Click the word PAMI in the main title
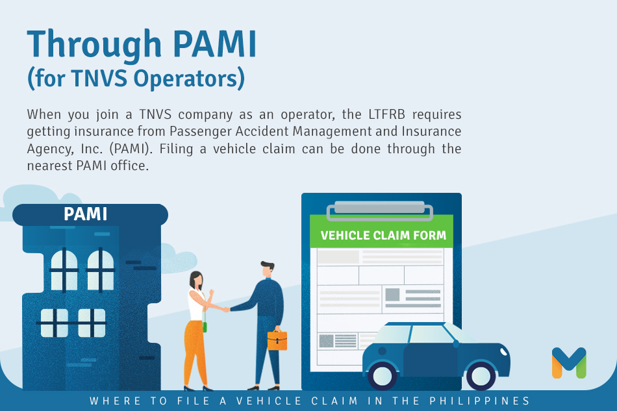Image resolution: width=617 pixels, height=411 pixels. [x=214, y=44]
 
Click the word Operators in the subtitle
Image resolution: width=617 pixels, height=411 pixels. [x=186, y=78]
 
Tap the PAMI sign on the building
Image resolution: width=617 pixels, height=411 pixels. [x=85, y=214]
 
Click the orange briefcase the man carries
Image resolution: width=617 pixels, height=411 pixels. [x=277, y=340]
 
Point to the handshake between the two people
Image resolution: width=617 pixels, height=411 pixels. [x=226, y=309]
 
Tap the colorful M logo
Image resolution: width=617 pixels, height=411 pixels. [x=569, y=362]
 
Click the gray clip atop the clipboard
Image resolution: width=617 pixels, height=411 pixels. [x=380, y=210]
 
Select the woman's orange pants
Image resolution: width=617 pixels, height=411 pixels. [x=195, y=352]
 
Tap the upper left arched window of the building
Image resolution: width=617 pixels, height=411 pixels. [x=64, y=270]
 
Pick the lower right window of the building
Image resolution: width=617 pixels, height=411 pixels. [x=92, y=323]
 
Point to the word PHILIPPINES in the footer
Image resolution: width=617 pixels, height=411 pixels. [x=480, y=401]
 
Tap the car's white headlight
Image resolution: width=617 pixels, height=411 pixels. [x=503, y=351]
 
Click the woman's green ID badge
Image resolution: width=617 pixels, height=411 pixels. [x=205, y=327]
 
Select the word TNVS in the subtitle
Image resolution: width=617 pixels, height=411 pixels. [x=99, y=78]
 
